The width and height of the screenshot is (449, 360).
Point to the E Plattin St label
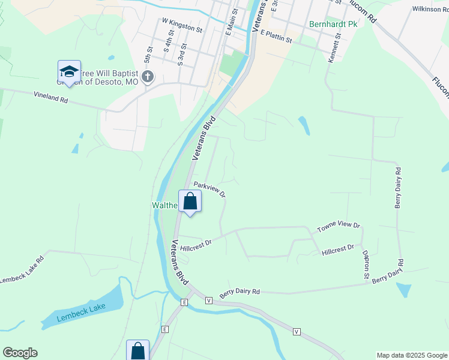coord(276,38)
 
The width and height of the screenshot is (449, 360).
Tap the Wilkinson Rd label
coord(430,10)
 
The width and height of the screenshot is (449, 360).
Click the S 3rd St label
coord(182,54)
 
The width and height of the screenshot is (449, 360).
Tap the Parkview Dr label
coord(209,190)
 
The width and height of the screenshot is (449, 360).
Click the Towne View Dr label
coord(338,227)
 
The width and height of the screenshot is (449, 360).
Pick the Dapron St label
coord(365,265)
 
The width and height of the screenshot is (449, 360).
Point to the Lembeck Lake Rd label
coord(22,271)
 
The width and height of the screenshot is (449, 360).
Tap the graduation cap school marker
coord(69,71)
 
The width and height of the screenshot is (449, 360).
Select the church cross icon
coord(148,76)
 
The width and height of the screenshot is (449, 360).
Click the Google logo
coord(20,353)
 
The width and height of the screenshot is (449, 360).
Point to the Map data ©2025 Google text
coord(411,355)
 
